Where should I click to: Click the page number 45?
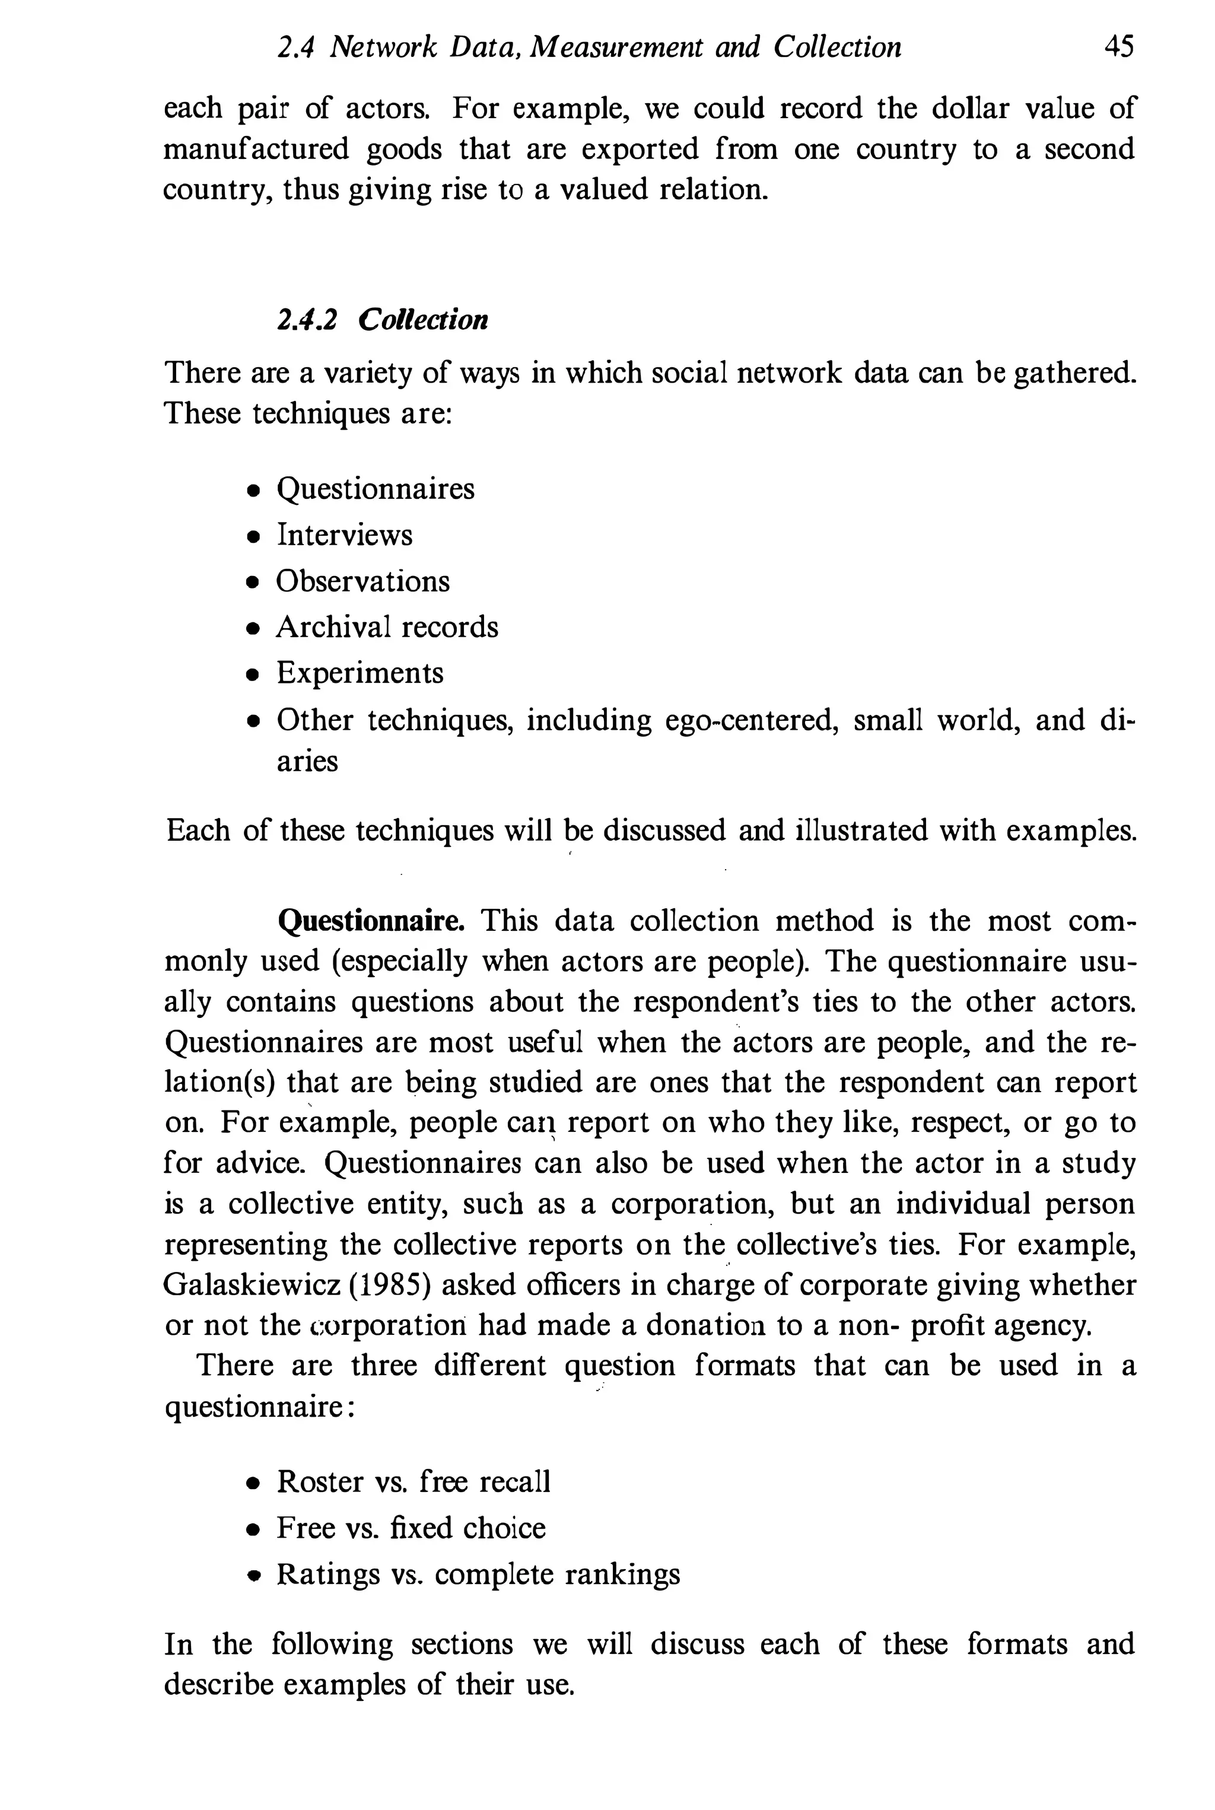tap(1118, 48)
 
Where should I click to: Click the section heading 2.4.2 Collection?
tap(383, 319)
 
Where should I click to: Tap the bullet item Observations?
tap(362, 582)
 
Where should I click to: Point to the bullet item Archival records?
tap(387, 628)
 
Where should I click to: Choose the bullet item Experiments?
tap(360, 673)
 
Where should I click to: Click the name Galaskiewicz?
tap(252, 1286)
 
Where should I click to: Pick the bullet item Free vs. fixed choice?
tap(411, 1529)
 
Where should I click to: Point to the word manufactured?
tap(256, 149)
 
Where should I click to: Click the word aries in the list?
tap(308, 762)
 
